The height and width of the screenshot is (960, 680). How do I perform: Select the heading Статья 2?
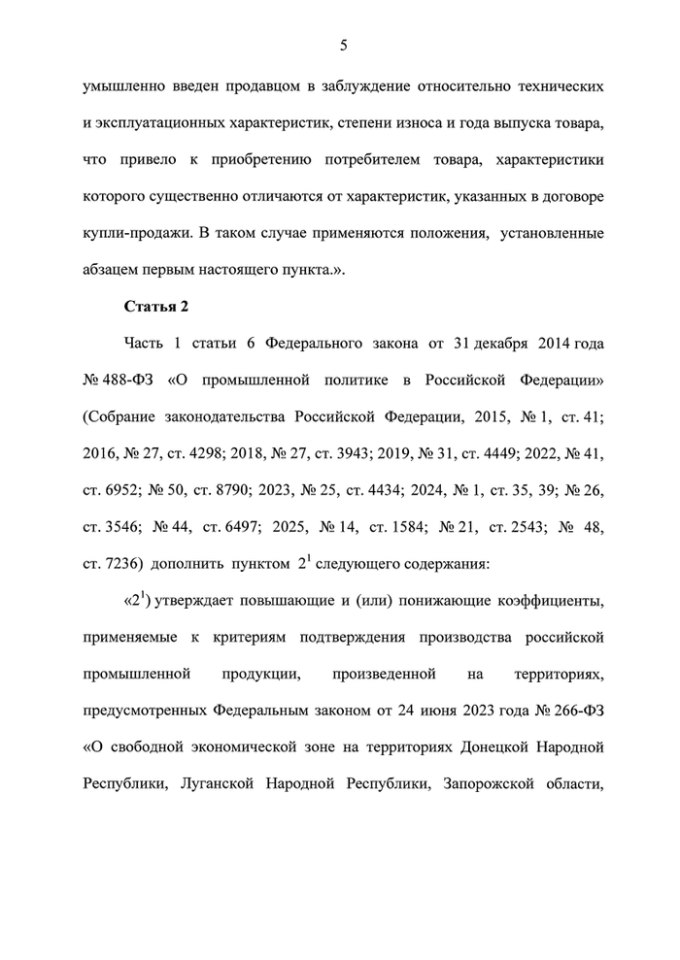155,307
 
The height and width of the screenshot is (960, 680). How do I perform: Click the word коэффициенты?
552,602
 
